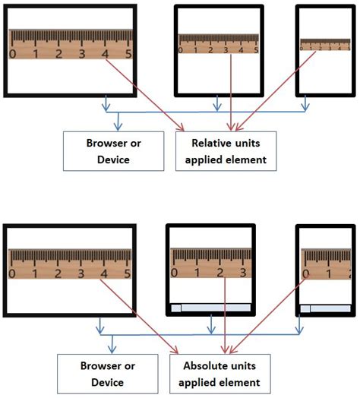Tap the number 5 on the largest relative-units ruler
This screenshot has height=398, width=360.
click(x=128, y=54)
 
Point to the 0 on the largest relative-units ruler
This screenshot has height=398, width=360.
click(x=12, y=54)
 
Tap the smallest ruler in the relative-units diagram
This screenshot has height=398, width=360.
click(x=326, y=45)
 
